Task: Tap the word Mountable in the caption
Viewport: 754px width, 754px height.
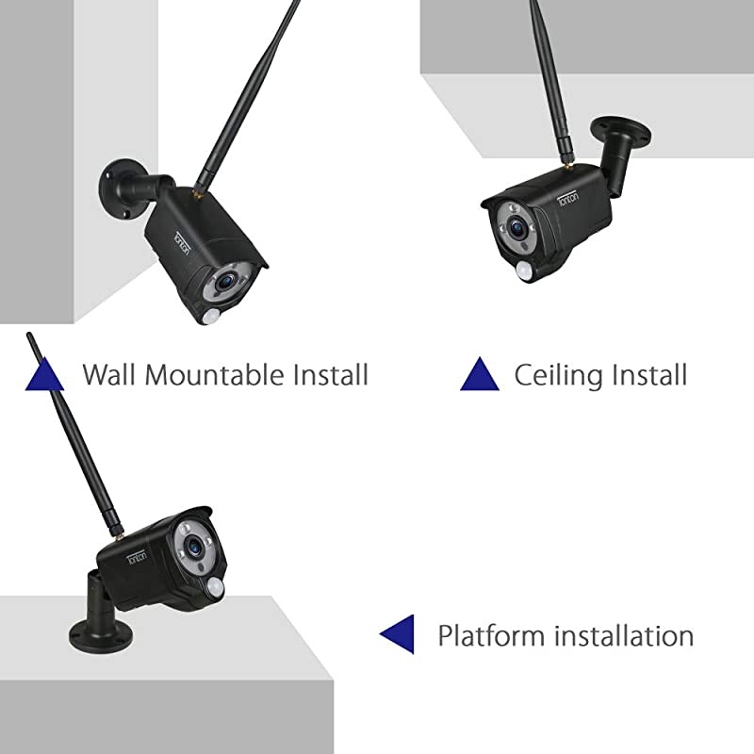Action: pyautogui.click(x=205, y=374)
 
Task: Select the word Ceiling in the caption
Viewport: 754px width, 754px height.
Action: pyautogui.click(x=558, y=374)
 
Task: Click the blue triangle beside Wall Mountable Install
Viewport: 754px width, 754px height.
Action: pyautogui.click(x=44, y=374)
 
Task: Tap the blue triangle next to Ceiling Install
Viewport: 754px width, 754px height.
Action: pyautogui.click(x=479, y=374)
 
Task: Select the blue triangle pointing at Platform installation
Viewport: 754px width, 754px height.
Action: pyautogui.click(x=397, y=633)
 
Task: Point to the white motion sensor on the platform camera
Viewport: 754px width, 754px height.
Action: pyautogui.click(x=218, y=588)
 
